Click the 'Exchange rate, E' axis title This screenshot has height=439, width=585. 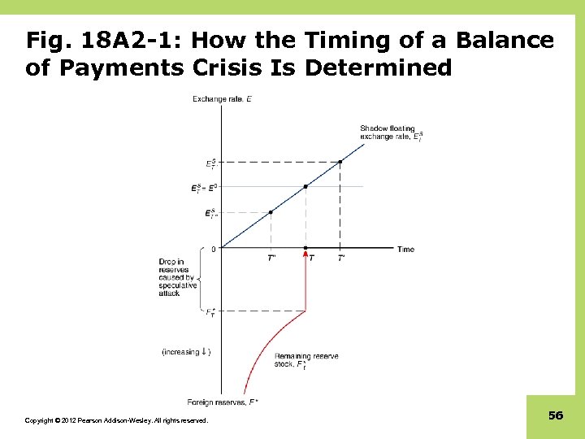click(222, 99)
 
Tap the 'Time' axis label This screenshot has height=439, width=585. click(405, 249)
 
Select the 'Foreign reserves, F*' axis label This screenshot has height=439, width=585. click(223, 402)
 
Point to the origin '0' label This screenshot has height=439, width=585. click(214, 249)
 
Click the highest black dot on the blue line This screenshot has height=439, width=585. click(340, 162)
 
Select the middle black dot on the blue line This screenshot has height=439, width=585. click(305, 186)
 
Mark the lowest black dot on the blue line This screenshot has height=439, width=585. click(271, 212)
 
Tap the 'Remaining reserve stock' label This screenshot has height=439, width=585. click(306, 360)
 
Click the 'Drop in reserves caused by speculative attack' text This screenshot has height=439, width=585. click(178, 277)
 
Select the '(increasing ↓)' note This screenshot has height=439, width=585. click(186, 352)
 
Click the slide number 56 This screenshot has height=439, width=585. click(556, 415)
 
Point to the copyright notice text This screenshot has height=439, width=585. click(116, 420)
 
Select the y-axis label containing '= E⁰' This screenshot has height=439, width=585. click(205, 187)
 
